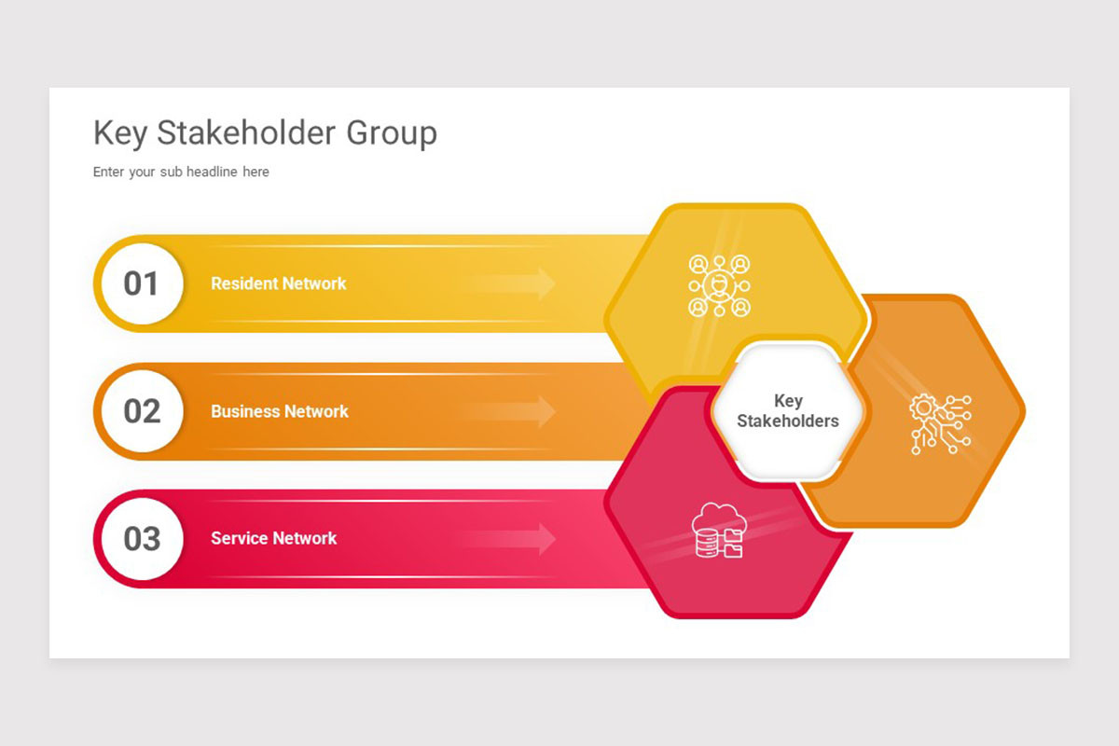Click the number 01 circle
tap(141, 283)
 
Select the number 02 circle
tap(141, 411)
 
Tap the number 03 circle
tap(141, 539)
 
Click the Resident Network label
tap(278, 283)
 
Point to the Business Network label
tap(279, 411)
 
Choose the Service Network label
tap(273, 538)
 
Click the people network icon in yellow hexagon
tap(719, 285)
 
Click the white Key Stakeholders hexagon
tap(788, 411)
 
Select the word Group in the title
tap(392, 133)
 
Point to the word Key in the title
tap(120, 133)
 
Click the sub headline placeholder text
tap(181, 172)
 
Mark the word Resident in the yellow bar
tap(244, 283)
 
